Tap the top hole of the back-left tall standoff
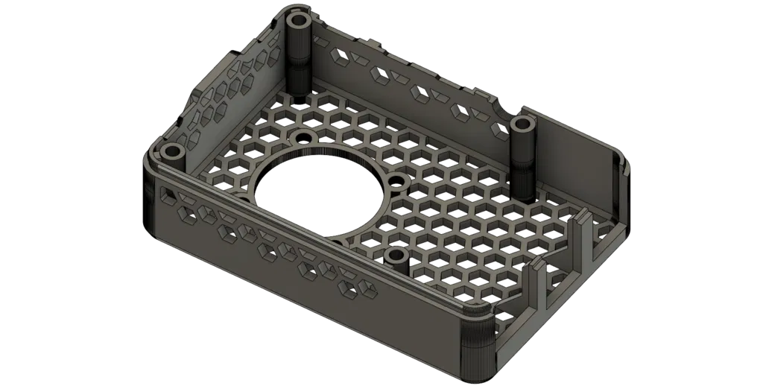(x=300, y=19)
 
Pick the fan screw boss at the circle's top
(x=303, y=138)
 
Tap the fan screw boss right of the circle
(x=397, y=181)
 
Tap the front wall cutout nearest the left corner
(x=165, y=195)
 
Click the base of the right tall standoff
(x=525, y=195)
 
